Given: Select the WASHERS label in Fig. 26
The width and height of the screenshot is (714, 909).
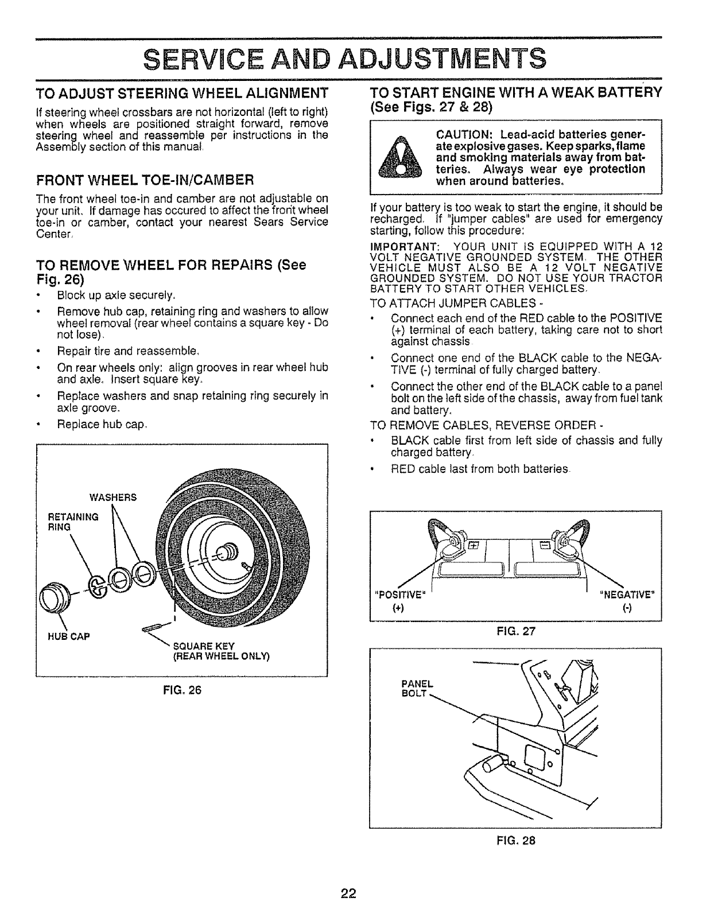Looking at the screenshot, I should pyautogui.click(x=112, y=497).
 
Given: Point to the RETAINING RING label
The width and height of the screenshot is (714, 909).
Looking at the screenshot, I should pyautogui.click(x=72, y=521).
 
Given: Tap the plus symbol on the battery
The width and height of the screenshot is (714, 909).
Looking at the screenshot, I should pyautogui.click(x=474, y=545).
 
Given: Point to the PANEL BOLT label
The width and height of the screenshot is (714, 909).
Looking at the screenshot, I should pyautogui.click(x=417, y=688).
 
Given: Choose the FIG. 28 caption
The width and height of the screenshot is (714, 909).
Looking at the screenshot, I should pyautogui.click(x=515, y=840).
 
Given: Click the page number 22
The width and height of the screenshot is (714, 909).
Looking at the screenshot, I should pyautogui.click(x=349, y=893).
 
